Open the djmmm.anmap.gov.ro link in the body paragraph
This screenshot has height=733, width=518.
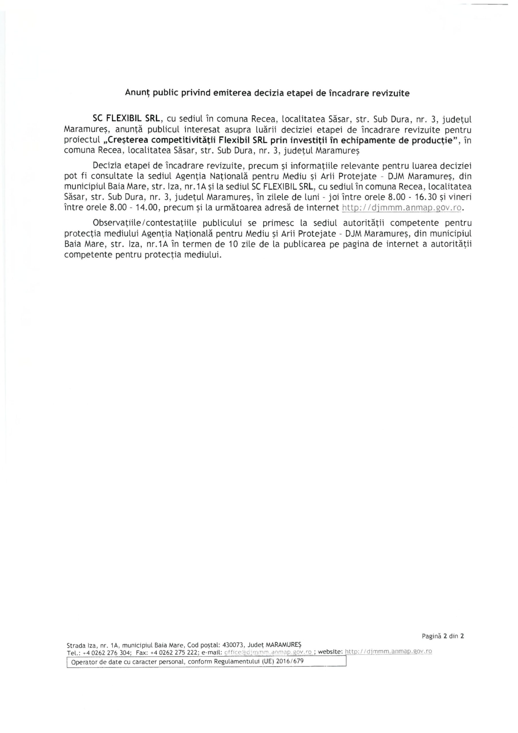402,208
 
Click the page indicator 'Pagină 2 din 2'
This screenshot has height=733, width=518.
443,636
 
